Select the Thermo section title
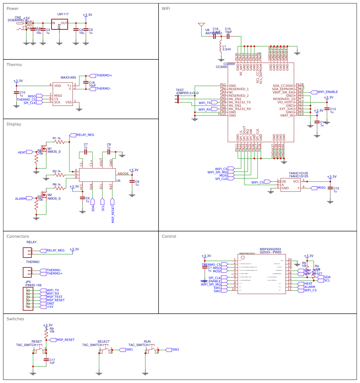coord(14,65)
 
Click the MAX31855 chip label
coord(68,78)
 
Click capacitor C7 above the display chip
coord(86,152)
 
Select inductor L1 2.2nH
coord(221,48)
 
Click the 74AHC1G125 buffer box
coord(290,185)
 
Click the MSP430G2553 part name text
coord(270,249)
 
